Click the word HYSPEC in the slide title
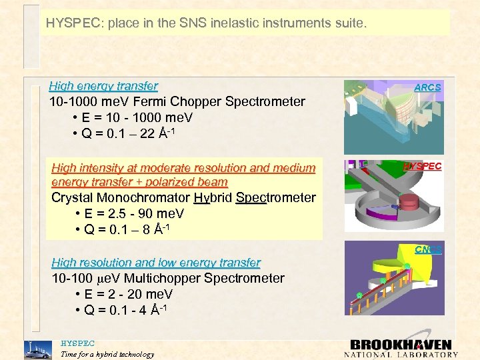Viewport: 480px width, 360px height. point(71,23)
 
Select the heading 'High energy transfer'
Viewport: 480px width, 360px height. point(103,86)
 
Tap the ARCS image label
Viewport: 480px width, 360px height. point(427,87)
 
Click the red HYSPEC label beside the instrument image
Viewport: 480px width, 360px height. point(422,166)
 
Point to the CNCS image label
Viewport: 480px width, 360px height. point(427,250)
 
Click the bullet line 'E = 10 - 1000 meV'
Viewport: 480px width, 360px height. point(132,117)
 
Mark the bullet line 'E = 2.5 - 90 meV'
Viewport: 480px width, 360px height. point(139,213)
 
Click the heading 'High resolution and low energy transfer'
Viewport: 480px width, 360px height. point(156,263)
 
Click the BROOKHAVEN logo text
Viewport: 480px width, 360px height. point(401,345)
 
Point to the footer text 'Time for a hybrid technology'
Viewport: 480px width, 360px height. point(107,354)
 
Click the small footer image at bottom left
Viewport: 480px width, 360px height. point(37,349)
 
